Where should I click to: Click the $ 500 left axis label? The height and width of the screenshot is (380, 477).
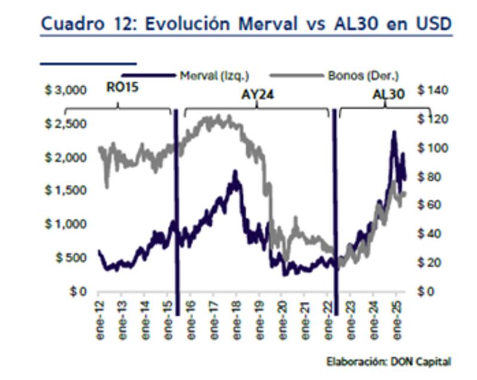[69, 258]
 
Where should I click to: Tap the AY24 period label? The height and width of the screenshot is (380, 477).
[258, 94]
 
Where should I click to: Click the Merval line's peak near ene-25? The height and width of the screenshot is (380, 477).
[394, 132]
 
